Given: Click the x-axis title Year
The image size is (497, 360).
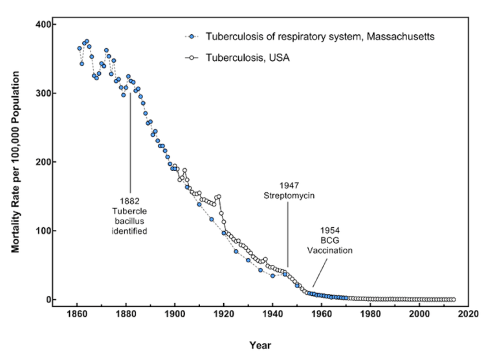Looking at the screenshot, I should point(261,345).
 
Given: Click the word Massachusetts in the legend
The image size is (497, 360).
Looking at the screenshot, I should point(397,36).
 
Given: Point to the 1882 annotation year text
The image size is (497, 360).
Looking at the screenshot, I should point(130,200).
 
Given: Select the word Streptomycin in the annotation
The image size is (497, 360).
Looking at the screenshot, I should point(289,195).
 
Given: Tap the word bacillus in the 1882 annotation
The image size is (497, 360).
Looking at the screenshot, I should point(130,220).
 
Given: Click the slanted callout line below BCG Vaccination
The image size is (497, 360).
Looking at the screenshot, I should point(320,272).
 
